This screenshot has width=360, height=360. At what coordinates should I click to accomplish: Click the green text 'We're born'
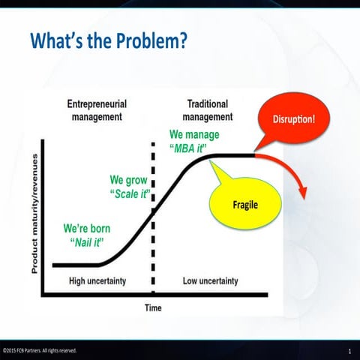(x=86, y=228)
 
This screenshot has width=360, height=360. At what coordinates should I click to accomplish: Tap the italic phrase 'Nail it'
(x=86, y=241)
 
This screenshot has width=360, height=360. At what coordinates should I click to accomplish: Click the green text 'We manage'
(x=194, y=134)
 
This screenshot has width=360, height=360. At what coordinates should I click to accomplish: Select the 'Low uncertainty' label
(x=210, y=281)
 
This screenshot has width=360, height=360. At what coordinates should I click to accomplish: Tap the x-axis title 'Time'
(x=152, y=307)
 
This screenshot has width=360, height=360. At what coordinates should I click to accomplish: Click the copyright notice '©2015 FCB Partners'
(x=39, y=350)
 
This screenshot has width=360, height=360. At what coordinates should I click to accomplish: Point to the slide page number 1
(x=349, y=351)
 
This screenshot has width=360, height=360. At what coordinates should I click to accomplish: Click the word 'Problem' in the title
(x=143, y=43)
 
